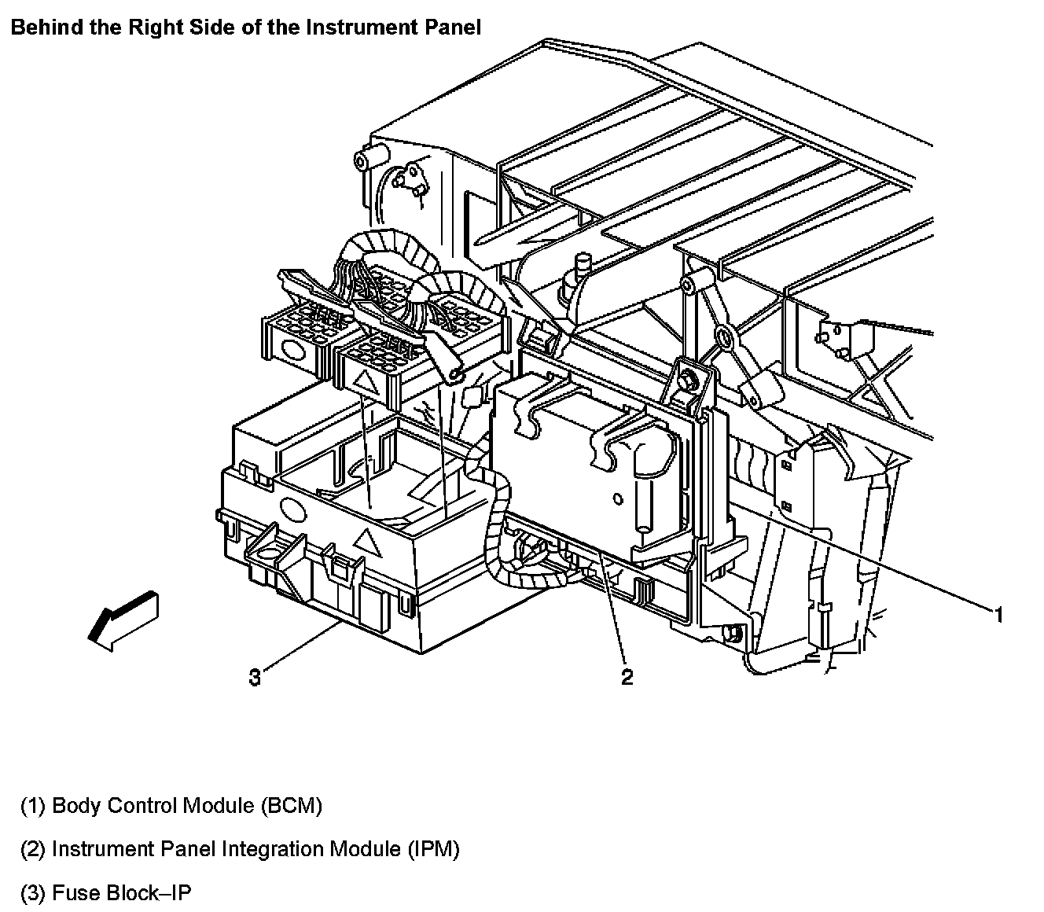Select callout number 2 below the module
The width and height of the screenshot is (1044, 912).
[627, 676]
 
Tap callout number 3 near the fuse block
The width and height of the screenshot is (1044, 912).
[255, 676]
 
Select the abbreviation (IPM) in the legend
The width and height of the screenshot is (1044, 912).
[433, 849]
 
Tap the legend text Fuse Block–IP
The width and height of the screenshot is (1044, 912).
[122, 893]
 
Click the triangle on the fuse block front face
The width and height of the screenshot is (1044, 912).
[364, 541]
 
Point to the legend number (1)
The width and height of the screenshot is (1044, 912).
[33, 806]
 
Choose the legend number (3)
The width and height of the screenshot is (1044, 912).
[33, 893]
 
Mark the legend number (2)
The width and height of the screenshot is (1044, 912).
[33, 849]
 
